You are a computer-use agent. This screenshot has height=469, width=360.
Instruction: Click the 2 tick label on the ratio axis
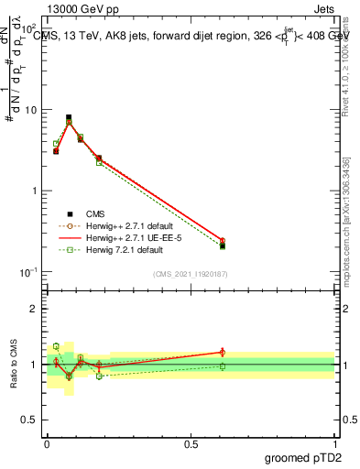pos(33,309)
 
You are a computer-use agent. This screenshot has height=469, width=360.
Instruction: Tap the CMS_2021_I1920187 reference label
pos(191,274)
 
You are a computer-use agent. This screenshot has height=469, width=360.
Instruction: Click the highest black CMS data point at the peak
pos(69,117)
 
